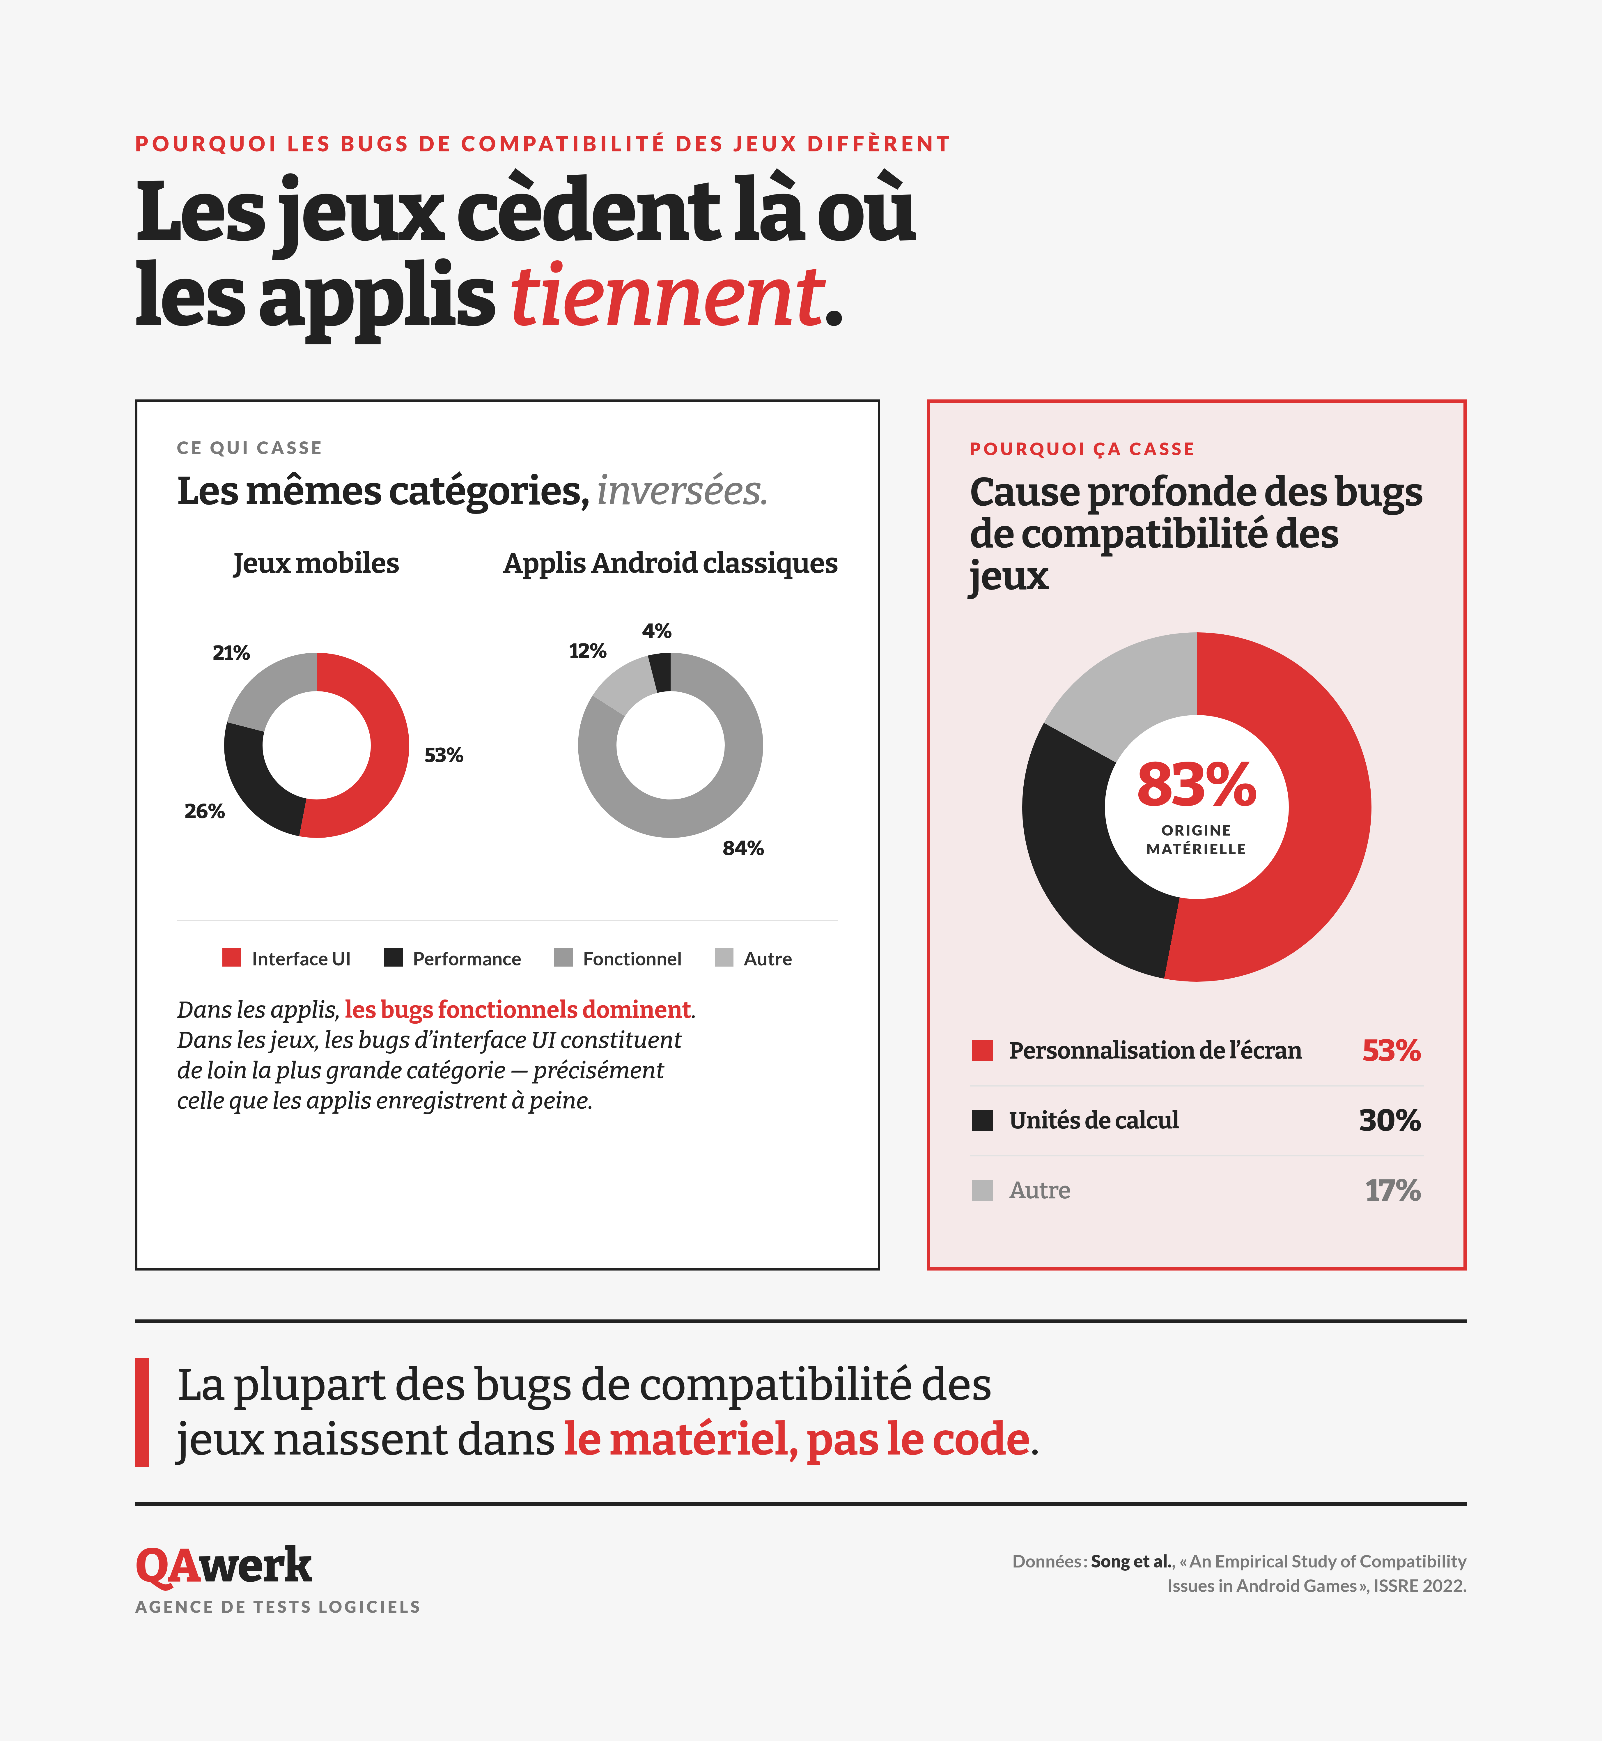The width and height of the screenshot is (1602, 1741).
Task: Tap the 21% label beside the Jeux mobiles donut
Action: coord(231,653)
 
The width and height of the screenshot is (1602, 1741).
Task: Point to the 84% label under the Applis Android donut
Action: coord(743,848)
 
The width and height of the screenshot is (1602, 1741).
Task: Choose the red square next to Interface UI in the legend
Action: coord(231,957)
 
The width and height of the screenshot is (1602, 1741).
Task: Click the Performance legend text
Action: coord(466,959)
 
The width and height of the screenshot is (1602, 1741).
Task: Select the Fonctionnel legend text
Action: coord(632,959)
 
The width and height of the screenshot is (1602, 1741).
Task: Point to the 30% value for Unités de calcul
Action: coord(1390,1120)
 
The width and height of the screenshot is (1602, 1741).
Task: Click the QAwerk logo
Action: coord(224,1566)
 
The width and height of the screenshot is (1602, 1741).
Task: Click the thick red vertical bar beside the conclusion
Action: coord(142,1412)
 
